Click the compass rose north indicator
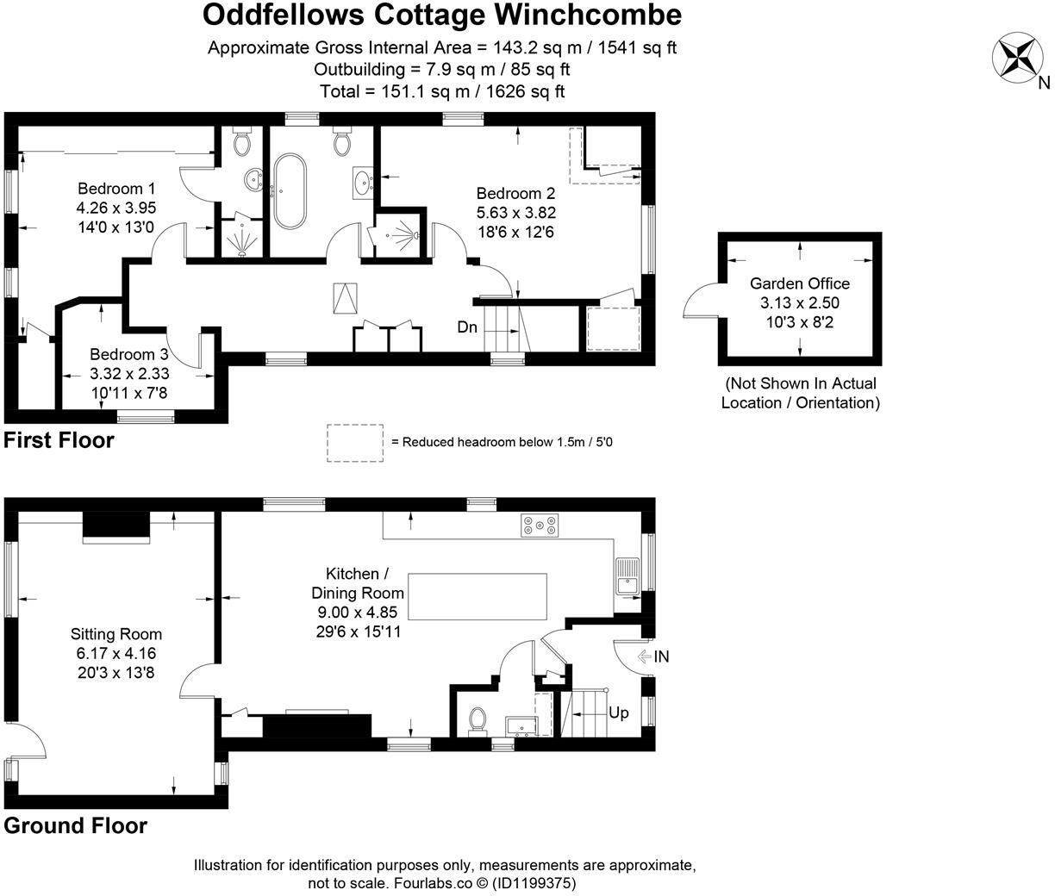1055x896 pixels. click(1016, 58)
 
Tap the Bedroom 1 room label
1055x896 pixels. click(116, 189)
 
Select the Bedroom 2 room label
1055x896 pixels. click(515, 194)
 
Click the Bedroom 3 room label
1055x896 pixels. click(129, 354)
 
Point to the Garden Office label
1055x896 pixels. click(799, 283)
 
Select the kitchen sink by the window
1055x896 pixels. click(627, 576)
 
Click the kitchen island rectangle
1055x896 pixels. click(477, 596)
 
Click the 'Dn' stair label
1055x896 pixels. click(467, 327)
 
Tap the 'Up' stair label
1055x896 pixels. click(619, 712)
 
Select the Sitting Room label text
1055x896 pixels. click(116, 635)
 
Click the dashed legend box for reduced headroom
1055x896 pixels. click(355, 443)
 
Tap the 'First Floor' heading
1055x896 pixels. click(59, 440)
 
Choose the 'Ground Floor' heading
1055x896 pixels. click(76, 825)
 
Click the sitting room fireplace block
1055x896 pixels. click(115, 526)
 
